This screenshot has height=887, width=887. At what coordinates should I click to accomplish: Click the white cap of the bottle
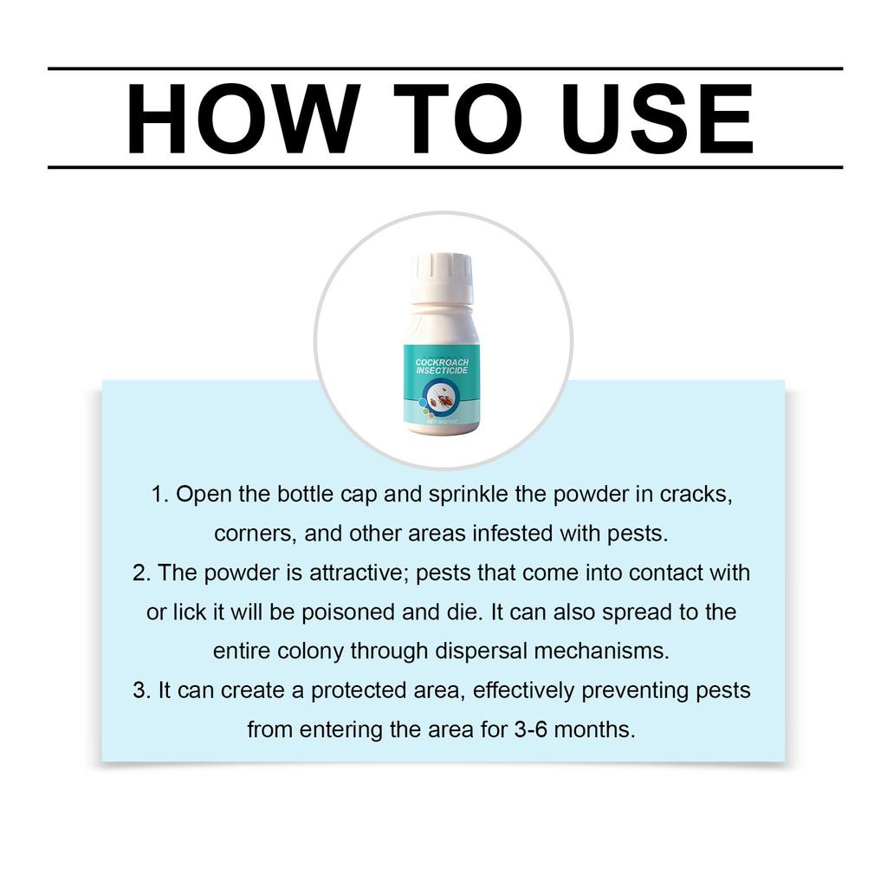point(442,277)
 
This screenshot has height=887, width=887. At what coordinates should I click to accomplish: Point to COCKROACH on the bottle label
point(442,361)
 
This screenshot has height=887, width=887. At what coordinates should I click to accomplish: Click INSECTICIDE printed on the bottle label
point(442,372)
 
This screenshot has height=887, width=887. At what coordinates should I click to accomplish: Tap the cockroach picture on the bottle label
point(442,401)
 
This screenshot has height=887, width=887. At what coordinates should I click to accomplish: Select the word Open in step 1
point(200,495)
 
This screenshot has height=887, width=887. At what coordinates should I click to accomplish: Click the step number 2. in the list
point(142,573)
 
